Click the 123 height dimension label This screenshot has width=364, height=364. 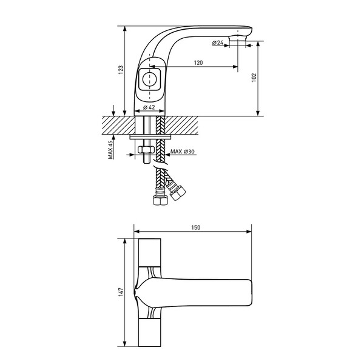click(x=121, y=70)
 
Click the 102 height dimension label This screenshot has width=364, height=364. click(x=254, y=78)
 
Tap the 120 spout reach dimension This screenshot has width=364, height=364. click(x=198, y=62)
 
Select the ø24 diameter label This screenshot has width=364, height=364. click(x=218, y=42)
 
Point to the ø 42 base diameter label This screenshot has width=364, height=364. click(x=149, y=107)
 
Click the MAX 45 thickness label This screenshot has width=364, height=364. click(x=110, y=150)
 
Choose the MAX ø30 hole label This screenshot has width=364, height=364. click(x=183, y=152)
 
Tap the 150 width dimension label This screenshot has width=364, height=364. click(x=196, y=227)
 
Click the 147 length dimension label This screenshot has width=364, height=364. click(x=121, y=292)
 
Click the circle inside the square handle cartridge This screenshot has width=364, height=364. click(x=149, y=79)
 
